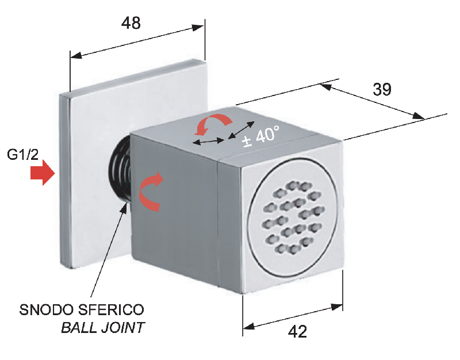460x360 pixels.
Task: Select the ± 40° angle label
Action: coord(260,137)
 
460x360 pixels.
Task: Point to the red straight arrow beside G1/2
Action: coord(41,174)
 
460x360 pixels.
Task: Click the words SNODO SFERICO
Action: coord(82,310)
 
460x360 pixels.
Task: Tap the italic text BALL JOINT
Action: coord(103,328)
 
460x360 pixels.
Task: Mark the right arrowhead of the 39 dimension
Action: coord(419,117)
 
